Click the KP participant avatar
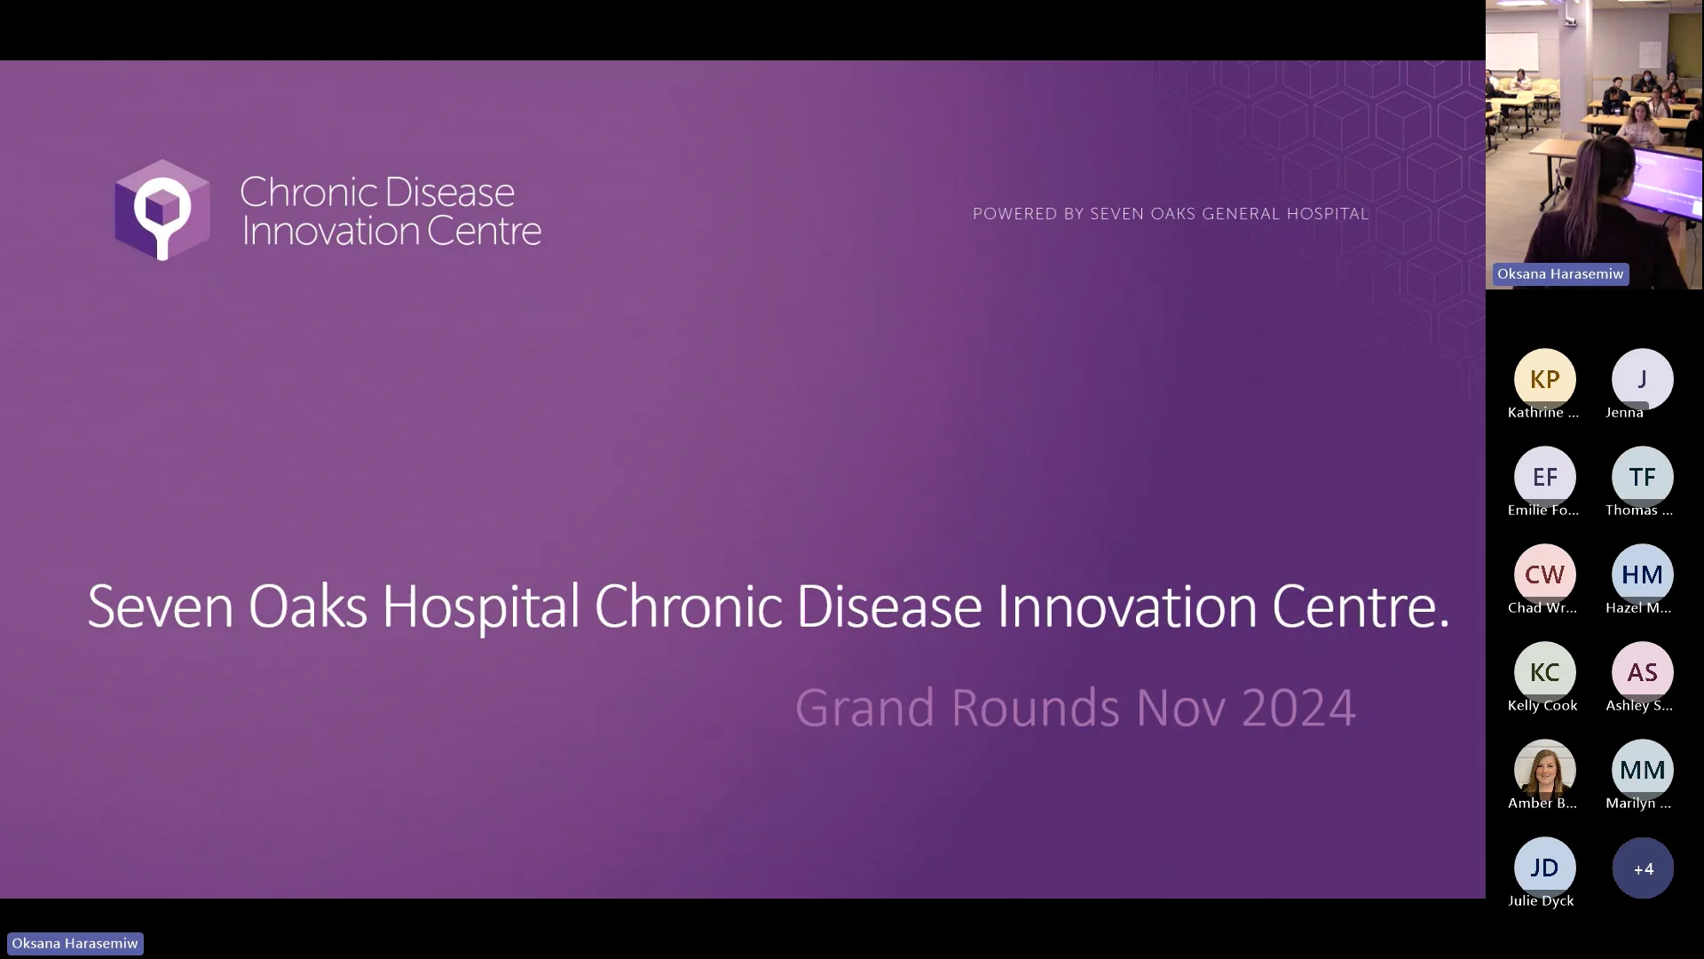click(1544, 379)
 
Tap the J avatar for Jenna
click(1642, 379)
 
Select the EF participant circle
click(1544, 477)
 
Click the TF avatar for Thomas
click(1642, 477)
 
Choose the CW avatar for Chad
click(1544, 575)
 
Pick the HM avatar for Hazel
click(1642, 575)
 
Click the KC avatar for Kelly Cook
click(1544, 672)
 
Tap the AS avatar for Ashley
click(1642, 672)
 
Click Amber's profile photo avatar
click(1544, 769)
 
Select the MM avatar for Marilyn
click(1642, 770)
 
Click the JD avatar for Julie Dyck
click(1544, 868)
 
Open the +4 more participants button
click(1643, 868)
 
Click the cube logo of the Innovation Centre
click(162, 210)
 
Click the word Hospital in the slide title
click(480, 607)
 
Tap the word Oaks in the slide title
click(307, 607)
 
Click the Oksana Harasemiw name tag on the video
click(1559, 274)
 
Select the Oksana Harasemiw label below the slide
click(75, 943)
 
